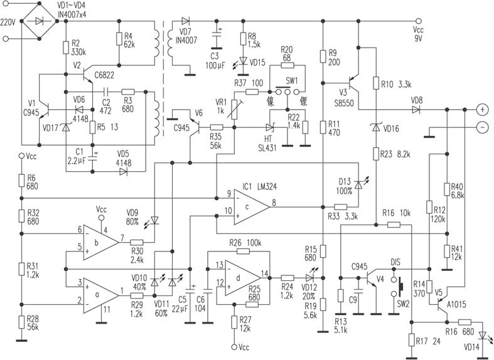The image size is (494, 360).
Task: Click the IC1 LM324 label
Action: pos(257,188)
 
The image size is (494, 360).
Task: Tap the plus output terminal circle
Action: pos(482,109)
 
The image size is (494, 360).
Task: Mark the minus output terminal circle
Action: pos(482,127)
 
